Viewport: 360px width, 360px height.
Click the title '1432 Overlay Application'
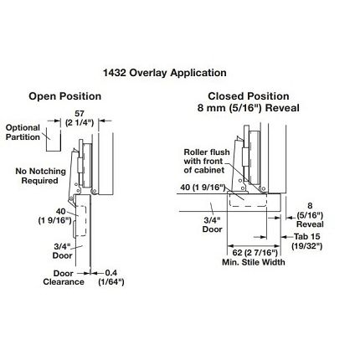click(x=165, y=73)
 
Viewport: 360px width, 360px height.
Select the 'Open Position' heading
click(x=64, y=96)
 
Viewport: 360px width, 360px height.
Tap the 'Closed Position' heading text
click(x=249, y=96)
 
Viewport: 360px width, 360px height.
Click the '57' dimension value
click(x=80, y=114)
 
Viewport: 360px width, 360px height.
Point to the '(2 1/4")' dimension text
click(x=80, y=123)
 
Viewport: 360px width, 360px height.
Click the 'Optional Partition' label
click(x=23, y=132)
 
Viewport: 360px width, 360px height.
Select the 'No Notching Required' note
click(x=40, y=176)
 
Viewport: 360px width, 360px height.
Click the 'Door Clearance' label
click(x=64, y=278)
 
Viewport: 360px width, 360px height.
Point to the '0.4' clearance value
click(x=111, y=273)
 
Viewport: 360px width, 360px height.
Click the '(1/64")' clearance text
click(x=111, y=282)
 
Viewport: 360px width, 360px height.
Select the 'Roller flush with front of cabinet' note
click(x=207, y=161)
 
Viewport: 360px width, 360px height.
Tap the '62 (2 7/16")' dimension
click(x=255, y=253)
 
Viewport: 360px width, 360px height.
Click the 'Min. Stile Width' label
click(x=254, y=262)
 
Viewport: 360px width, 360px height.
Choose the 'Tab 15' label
click(x=306, y=237)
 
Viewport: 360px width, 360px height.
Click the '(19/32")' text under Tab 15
click(x=307, y=246)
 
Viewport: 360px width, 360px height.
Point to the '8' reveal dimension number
click(x=310, y=206)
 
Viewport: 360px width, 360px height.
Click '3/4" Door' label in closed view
click(x=213, y=225)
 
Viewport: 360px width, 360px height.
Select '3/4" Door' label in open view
click(x=62, y=251)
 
